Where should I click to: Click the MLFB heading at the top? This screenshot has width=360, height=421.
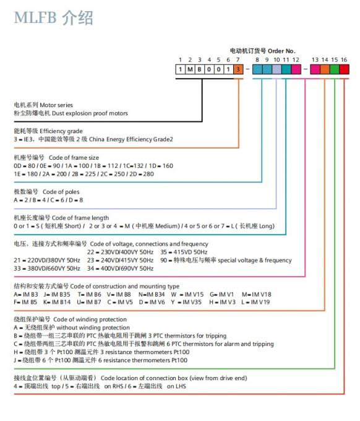coord(53,18)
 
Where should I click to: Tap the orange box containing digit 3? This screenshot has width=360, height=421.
coord(238,69)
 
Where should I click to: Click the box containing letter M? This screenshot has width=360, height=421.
coord(190,69)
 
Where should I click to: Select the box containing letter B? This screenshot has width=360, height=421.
coord(200,69)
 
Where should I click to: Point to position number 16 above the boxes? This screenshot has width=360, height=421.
coord(344,59)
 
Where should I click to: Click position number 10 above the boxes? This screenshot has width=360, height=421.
coord(276,59)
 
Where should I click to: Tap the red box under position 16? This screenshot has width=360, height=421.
coord(344,69)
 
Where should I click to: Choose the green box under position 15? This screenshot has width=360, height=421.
coord(335,69)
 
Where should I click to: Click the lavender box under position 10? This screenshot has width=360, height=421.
coord(276,69)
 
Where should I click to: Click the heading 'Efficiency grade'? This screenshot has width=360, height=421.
coord(61,131)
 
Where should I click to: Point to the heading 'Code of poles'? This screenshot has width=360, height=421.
coord(61,192)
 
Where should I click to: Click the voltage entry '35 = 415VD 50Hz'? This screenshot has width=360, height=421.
coord(184,252)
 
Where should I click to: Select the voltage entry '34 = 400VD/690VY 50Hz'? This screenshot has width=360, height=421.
coord(120,269)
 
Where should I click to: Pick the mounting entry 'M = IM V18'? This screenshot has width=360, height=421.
coord(257,294)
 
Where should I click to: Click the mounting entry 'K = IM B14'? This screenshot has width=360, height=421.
coord(57,302)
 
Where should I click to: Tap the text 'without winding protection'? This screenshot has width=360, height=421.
coord(93,328)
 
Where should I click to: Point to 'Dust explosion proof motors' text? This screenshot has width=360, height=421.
coord(90,113)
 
